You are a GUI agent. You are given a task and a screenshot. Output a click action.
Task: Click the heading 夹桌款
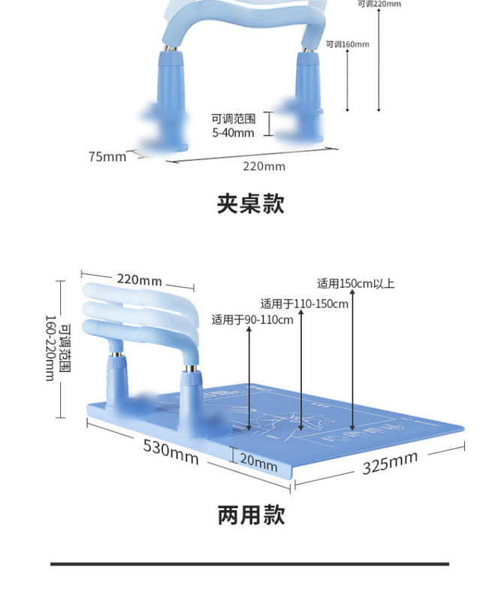pos(250,204)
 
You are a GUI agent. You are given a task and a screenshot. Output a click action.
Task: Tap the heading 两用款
pos(251,515)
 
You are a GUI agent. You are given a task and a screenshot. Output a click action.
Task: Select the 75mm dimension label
pos(107,157)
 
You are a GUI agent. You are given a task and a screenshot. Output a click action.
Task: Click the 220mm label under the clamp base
pos(264,166)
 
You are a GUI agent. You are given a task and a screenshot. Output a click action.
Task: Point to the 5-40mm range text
pos(233,133)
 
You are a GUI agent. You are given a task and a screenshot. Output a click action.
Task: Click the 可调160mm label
pos(348,44)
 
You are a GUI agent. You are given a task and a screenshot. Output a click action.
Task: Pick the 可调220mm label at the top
pos(379,4)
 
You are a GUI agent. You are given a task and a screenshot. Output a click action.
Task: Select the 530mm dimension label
pos(171,452)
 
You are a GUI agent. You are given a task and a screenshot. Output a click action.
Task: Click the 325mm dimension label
pos(390,463)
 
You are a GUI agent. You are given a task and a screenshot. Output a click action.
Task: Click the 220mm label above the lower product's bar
pos(139,281)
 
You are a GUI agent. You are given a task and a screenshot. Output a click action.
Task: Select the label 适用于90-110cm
pos(252,320)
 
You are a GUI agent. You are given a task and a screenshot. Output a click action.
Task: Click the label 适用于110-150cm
pos(304,304)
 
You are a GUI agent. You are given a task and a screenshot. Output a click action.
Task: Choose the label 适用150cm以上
pos(355,284)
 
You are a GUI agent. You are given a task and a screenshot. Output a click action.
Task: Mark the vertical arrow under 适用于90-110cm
pos(249,376)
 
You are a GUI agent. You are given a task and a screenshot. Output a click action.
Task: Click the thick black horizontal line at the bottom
pos(249,563)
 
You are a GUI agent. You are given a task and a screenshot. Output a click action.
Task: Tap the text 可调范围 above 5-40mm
pos(233,119)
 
